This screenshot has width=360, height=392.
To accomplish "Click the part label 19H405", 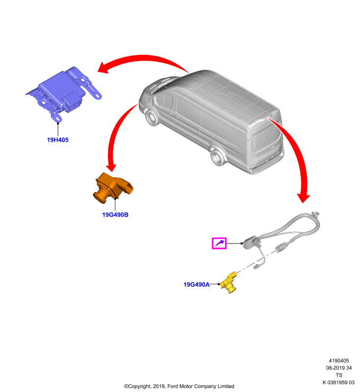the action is tap(57, 140).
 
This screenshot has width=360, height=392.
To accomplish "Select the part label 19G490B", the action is tap(115, 215).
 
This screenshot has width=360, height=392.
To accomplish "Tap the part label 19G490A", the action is tap(196, 285).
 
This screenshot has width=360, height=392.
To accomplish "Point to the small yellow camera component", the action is tap(229, 283).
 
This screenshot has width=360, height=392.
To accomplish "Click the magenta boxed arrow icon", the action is tap(219, 243).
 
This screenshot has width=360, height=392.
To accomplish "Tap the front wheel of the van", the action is tap(152, 118).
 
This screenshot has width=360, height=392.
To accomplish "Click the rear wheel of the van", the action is tap(217, 157).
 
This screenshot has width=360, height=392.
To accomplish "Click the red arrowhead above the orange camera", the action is tap(111, 168).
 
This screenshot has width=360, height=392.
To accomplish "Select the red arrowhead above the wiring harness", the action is tap(303, 198).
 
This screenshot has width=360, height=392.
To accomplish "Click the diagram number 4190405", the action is tap(339, 361).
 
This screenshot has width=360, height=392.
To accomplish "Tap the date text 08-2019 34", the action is tap(339, 368).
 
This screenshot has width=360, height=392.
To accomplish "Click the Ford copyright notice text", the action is tap(179, 386).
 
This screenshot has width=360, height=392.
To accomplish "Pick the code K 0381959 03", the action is tap(338, 383).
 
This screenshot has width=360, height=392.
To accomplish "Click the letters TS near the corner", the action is tap(339, 375).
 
